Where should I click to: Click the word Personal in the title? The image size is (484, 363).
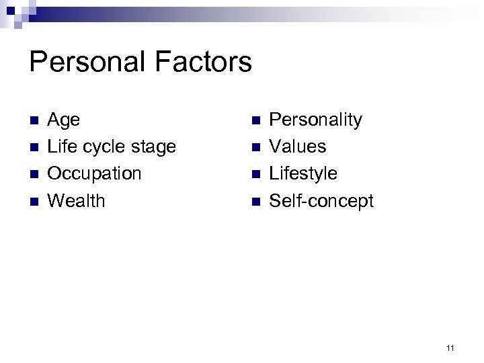click(89, 63)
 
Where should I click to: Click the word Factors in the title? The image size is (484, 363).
click(205, 63)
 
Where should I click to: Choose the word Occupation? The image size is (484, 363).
click(95, 174)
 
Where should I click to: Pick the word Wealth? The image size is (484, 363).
click(77, 200)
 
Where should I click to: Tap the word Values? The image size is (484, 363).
click(298, 147)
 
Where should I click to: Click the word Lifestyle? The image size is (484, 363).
click(303, 174)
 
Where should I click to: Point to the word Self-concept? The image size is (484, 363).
click(321, 201)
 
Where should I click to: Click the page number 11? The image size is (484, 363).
click(450, 348)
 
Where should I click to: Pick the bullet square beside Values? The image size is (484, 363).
click(255, 147)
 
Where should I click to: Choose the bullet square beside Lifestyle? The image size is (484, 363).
click(255, 174)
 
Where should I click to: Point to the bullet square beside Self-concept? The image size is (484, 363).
click(255, 201)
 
